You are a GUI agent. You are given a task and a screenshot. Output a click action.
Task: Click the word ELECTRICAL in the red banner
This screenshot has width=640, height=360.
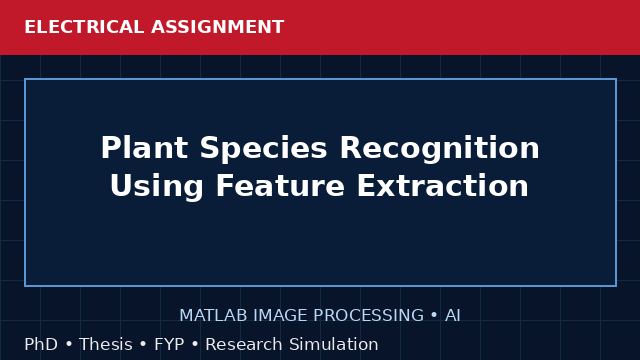click(84, 27)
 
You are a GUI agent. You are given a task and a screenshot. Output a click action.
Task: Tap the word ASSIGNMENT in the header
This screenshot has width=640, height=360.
click(218, 27)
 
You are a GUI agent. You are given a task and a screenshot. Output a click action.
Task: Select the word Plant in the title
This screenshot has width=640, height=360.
click(144, 148)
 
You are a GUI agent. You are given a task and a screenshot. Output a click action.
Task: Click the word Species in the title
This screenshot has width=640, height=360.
click(264, 148)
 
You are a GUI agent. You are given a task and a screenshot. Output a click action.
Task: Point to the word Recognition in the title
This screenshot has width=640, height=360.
click(440, 148)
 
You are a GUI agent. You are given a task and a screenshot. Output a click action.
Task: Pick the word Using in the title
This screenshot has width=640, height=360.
click(157, 186)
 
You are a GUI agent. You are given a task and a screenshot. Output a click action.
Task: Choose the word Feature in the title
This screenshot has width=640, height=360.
click(280, 186)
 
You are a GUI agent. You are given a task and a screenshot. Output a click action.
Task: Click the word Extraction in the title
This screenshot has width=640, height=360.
click(443, 186)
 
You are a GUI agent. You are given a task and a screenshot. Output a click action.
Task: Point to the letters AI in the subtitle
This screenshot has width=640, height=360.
click(453, 316)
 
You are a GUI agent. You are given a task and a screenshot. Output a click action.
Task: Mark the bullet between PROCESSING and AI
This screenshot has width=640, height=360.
click(434, 316)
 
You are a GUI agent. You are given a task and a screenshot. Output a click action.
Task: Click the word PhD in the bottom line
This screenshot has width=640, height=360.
click(41, 344)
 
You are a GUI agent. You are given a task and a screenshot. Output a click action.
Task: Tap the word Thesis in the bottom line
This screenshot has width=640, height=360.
click(106, 344)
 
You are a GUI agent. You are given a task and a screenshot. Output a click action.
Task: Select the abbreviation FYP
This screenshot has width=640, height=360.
click(169, 344)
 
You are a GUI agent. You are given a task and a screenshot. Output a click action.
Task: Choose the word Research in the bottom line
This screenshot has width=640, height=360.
click(244, 344)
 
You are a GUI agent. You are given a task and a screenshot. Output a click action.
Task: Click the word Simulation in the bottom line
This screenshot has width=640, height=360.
click(334, 344)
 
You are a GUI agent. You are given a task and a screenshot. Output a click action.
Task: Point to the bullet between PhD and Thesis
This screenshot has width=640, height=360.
click(69, 344)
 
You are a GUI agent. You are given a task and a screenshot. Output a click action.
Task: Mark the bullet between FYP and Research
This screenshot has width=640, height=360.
click(195, 344)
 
